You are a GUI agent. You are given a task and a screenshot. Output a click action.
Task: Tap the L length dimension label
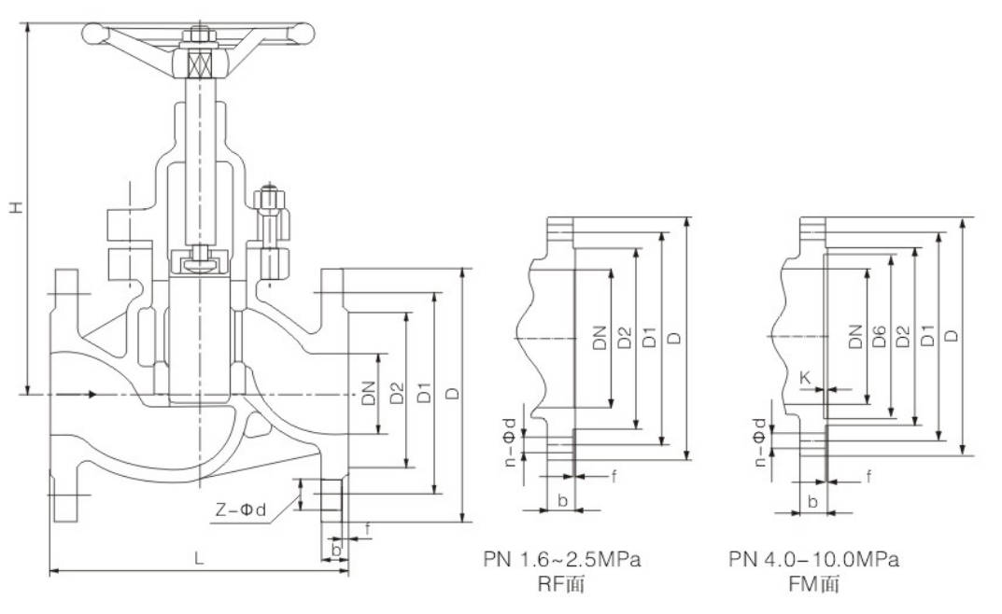[198, 558]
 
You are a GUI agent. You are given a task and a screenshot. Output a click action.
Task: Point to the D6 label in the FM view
[879, 338]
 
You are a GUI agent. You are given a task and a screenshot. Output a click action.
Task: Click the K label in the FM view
[804, 376]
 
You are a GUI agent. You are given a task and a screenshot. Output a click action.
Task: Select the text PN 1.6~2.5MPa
[562, 560]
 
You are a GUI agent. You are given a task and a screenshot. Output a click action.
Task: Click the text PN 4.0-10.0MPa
[813, 560]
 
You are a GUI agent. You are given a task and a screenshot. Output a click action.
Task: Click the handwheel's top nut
[197, 38]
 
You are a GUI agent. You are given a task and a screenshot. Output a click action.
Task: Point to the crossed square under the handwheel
[198, 64]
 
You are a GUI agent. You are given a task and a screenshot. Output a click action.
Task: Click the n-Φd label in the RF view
[510, 440]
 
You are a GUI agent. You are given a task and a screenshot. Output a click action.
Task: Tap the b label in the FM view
[812, 502]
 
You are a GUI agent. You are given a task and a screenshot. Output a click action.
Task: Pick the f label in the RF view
[614, 476]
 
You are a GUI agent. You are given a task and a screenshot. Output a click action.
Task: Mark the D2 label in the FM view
[902, 338]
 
